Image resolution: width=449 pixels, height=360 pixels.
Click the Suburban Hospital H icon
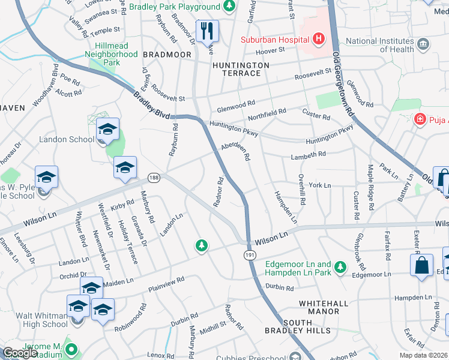pyautogui.click(x=318, y=40)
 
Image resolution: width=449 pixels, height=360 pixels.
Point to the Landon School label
pyautogui.click(x=66, y=140)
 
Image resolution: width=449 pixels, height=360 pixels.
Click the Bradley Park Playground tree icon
pyautogui.click(x=229, y=7)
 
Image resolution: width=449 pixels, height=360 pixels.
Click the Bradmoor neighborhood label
pyautogui.click(x=166, y=55)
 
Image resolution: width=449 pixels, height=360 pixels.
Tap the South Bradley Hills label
pyautogui.click(x=298, y=326)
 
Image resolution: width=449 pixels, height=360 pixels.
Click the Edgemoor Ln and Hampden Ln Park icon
pyautogui.click(x=340, y=265)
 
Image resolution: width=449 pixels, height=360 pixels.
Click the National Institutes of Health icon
pyautogui.click(x=424, y=44)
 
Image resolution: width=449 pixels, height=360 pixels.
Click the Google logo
pyautogui.click(x=19, y=353)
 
